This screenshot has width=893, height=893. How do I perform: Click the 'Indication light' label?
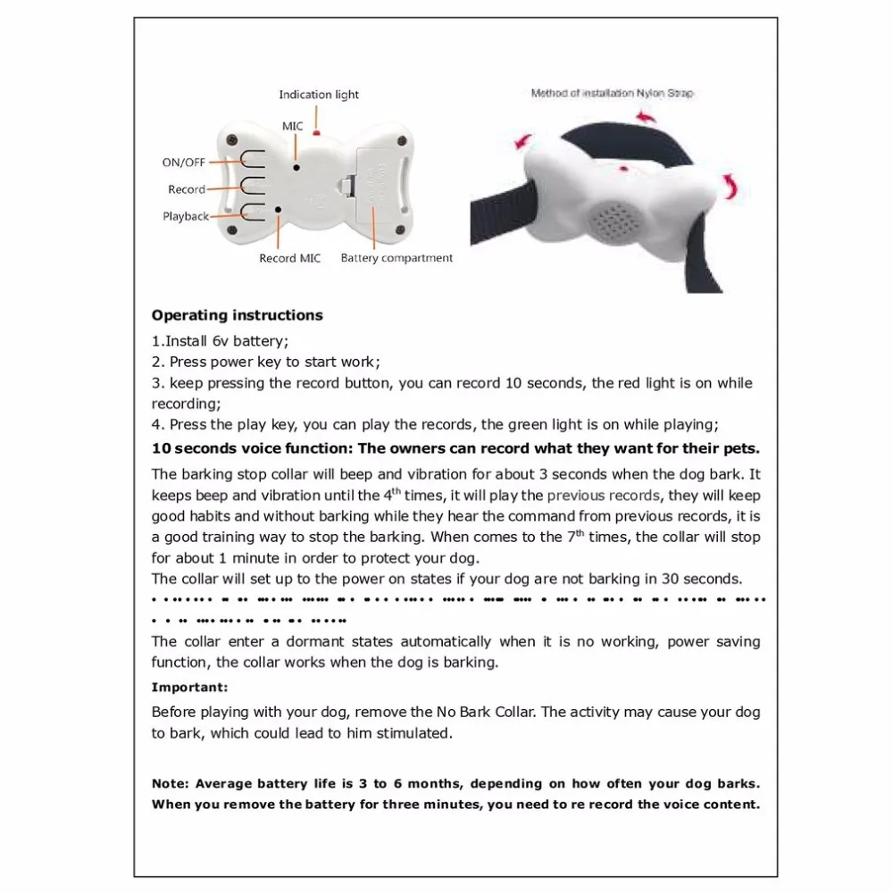point(319,95)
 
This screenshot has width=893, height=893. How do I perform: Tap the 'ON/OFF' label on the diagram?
point(183,163)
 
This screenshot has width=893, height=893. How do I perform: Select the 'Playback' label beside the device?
point(186,216)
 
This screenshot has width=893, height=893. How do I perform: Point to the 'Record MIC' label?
point(289,258)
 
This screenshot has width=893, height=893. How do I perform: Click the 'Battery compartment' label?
point(396,258)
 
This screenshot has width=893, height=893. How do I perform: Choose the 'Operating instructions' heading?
point(237,315)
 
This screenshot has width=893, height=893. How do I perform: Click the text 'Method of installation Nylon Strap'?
point(612,93)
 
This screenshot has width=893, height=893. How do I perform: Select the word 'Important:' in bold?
point(189,688)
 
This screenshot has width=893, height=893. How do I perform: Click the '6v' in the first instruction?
point(221,341)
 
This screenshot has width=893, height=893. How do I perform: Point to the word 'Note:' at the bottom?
point(170,784)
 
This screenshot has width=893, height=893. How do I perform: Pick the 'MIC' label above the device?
point(293,127)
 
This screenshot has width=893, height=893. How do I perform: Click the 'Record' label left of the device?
point(186,189)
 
